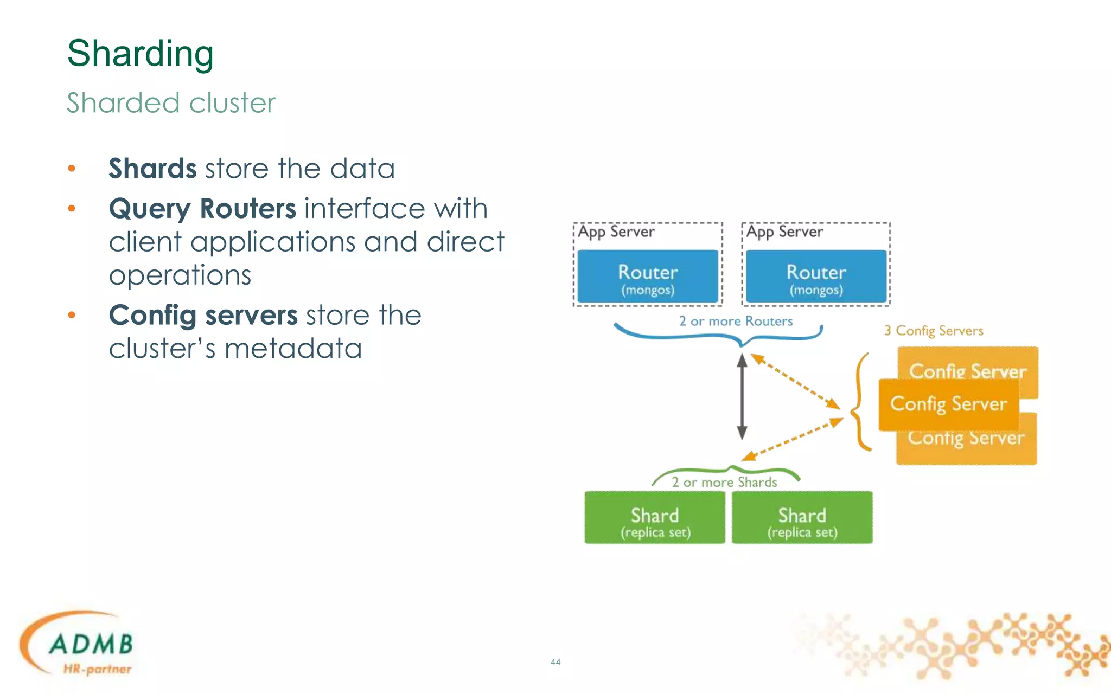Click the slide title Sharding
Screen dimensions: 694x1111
[x=140, y=54]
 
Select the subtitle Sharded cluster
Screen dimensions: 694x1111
[x=171, y=103]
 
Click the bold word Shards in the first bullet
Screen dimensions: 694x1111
[x=152, y=169]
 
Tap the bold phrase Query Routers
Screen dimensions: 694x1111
[x=202, y=209]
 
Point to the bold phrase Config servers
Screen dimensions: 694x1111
[x=203, y=316]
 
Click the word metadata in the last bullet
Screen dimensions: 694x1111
[x=293, y=349]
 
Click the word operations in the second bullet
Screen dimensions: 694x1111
[x=180, y=275]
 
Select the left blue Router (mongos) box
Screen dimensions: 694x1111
[x=648, y=277]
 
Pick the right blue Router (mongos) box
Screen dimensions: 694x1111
[x=816, y=277]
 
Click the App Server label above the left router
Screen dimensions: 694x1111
[x=616, y=232]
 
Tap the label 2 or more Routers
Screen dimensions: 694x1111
[x=736, y=322]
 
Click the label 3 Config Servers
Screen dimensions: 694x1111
[x=934, y=331]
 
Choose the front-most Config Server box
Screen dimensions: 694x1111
[x=948, y=404]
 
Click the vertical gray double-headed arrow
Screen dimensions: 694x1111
[x=742, y=396]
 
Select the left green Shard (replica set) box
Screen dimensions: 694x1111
[x=655, y=518]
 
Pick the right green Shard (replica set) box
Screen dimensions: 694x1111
[x=802, y=518]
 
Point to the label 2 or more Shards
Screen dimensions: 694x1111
[x=724, y=483]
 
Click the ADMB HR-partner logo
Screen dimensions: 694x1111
[x=81, y=645]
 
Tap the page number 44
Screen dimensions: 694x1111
[x=555, y=662]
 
